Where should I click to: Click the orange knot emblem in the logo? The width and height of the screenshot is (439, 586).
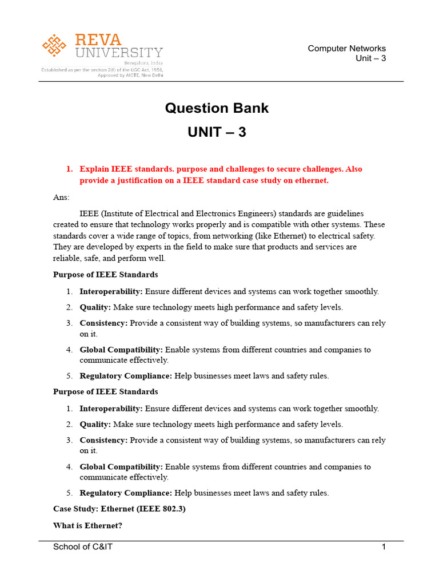[x=54, y=45]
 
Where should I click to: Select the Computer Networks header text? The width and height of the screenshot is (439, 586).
[x=346, y=48]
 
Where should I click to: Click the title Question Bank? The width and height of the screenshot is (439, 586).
[x=217, y=108]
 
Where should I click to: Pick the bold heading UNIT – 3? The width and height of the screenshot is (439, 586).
[x=217, y=132]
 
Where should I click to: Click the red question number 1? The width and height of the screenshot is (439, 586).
[x=69, y=169]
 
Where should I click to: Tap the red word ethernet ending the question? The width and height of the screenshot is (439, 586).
[x=312, y=180]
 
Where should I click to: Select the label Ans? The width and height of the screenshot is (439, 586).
[x=61, y=197]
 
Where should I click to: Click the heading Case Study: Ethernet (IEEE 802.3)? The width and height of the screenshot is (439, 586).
[x=119, y=509]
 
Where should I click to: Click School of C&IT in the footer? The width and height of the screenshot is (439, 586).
[x=83, y=547]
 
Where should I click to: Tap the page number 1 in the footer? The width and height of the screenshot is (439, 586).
[x=384, y=547]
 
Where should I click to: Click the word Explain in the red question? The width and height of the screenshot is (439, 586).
[x=94, y=169]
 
